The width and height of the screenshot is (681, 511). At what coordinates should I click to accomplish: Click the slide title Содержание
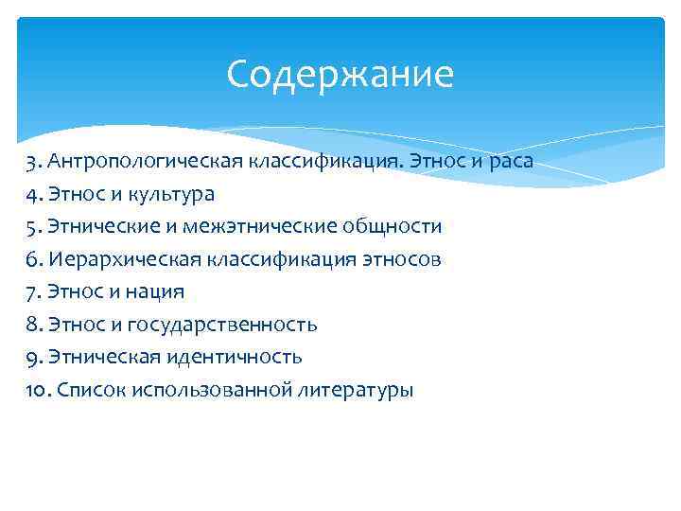coord(340,74)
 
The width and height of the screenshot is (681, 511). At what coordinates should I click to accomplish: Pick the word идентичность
coord(236,357)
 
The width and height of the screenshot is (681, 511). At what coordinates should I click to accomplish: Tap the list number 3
coord(32,161)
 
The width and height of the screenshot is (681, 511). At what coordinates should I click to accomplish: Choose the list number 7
coord(32,291)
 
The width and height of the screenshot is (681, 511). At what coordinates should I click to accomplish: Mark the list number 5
coord(32,227)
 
